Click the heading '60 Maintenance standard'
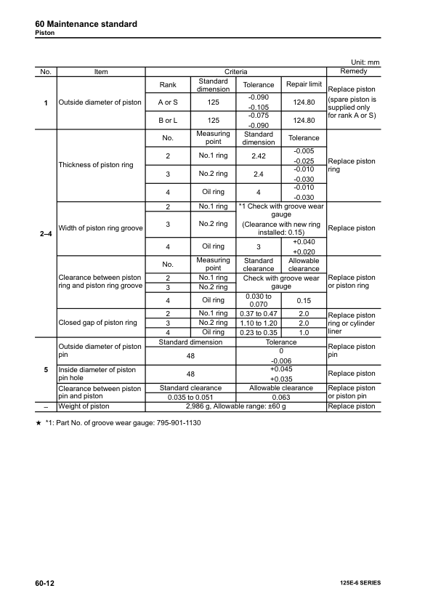tap(86, 24)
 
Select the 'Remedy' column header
tap(353, 71)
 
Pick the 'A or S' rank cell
tap(168, 102)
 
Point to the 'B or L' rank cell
tap(168, 120)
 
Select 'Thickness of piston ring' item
tap(96, 165)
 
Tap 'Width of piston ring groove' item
tap(100, 228)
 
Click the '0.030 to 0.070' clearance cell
tap(259, 299)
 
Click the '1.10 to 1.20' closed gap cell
tap(259, 322)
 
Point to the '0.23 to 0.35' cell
tap(259, 332)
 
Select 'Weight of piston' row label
tap(84, 406)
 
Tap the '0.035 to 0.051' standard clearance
tap(191, 397)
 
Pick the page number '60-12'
tap(46, 583)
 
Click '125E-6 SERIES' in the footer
tap(359, 584)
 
